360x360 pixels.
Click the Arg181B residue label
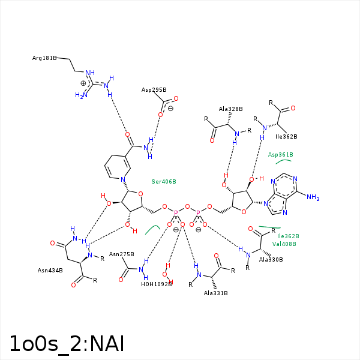point(44,58)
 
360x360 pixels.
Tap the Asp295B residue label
point(154,90)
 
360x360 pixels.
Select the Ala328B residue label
point(230,109)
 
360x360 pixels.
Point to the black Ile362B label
point(286,137)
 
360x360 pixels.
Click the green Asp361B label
point(280,155)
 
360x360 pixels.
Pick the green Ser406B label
point(164,181)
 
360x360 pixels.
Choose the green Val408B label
point(284,244)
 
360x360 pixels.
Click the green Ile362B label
point(288,236)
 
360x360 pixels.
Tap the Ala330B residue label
point(271,259)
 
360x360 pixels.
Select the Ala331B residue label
point(216,293)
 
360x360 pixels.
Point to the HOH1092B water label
point(157,284)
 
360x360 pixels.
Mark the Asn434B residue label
point(50,271)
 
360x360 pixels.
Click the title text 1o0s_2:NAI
point(67,343)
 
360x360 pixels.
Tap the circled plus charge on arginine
point(83,83)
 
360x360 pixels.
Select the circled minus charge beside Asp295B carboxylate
point(170,109)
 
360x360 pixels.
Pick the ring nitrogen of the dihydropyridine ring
point(123,179)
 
